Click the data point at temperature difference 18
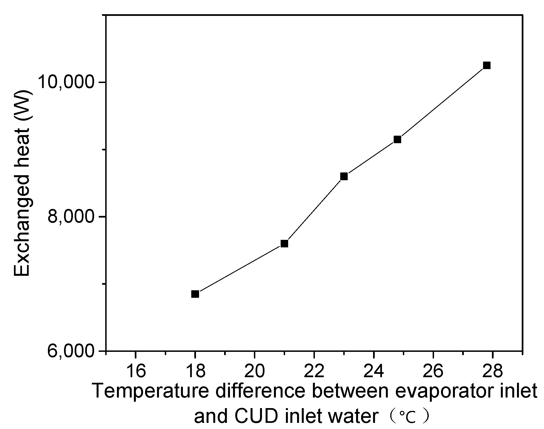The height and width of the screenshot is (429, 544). click(195, 294)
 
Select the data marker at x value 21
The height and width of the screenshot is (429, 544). click(284, 243)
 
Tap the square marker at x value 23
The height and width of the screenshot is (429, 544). click(344, 176)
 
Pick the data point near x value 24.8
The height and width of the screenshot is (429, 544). click(397, 139)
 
